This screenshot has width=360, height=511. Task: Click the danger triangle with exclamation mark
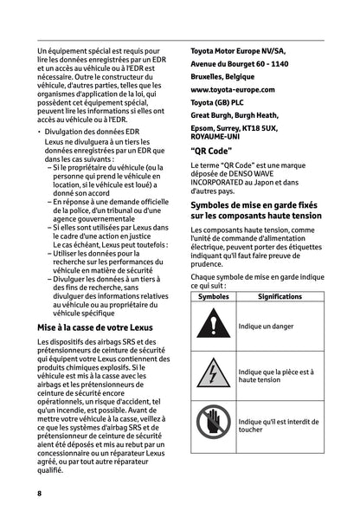[214, 327]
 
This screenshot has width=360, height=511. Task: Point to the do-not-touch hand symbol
[214, 423]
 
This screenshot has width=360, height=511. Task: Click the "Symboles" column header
[213, 296]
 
